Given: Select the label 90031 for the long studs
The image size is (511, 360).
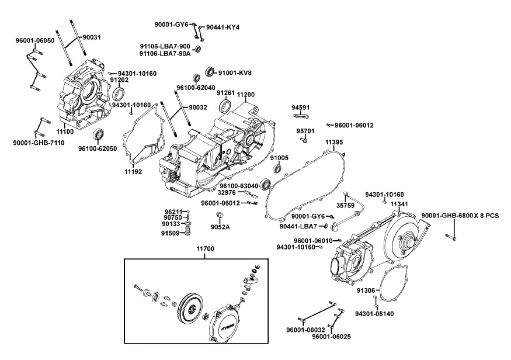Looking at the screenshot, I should click(x=91, y=37).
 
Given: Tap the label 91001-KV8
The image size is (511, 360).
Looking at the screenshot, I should click(x=235, y=73).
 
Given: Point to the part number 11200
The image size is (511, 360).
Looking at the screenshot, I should click(x=245, y=94).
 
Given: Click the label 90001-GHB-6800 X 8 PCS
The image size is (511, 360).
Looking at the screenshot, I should click(x=460, y=216).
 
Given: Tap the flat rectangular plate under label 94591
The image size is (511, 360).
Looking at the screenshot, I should click(x=300, y=115).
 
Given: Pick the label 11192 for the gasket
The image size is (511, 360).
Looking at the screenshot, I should click(x=134, y=172).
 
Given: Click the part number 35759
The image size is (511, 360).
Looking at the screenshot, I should click(x=345, y=205).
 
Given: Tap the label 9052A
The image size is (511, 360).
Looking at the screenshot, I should click(x=220, y=227).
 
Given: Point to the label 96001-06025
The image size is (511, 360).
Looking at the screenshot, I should click(x=331, y=337).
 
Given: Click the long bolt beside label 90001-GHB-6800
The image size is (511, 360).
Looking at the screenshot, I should click(x=451, y=237).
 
